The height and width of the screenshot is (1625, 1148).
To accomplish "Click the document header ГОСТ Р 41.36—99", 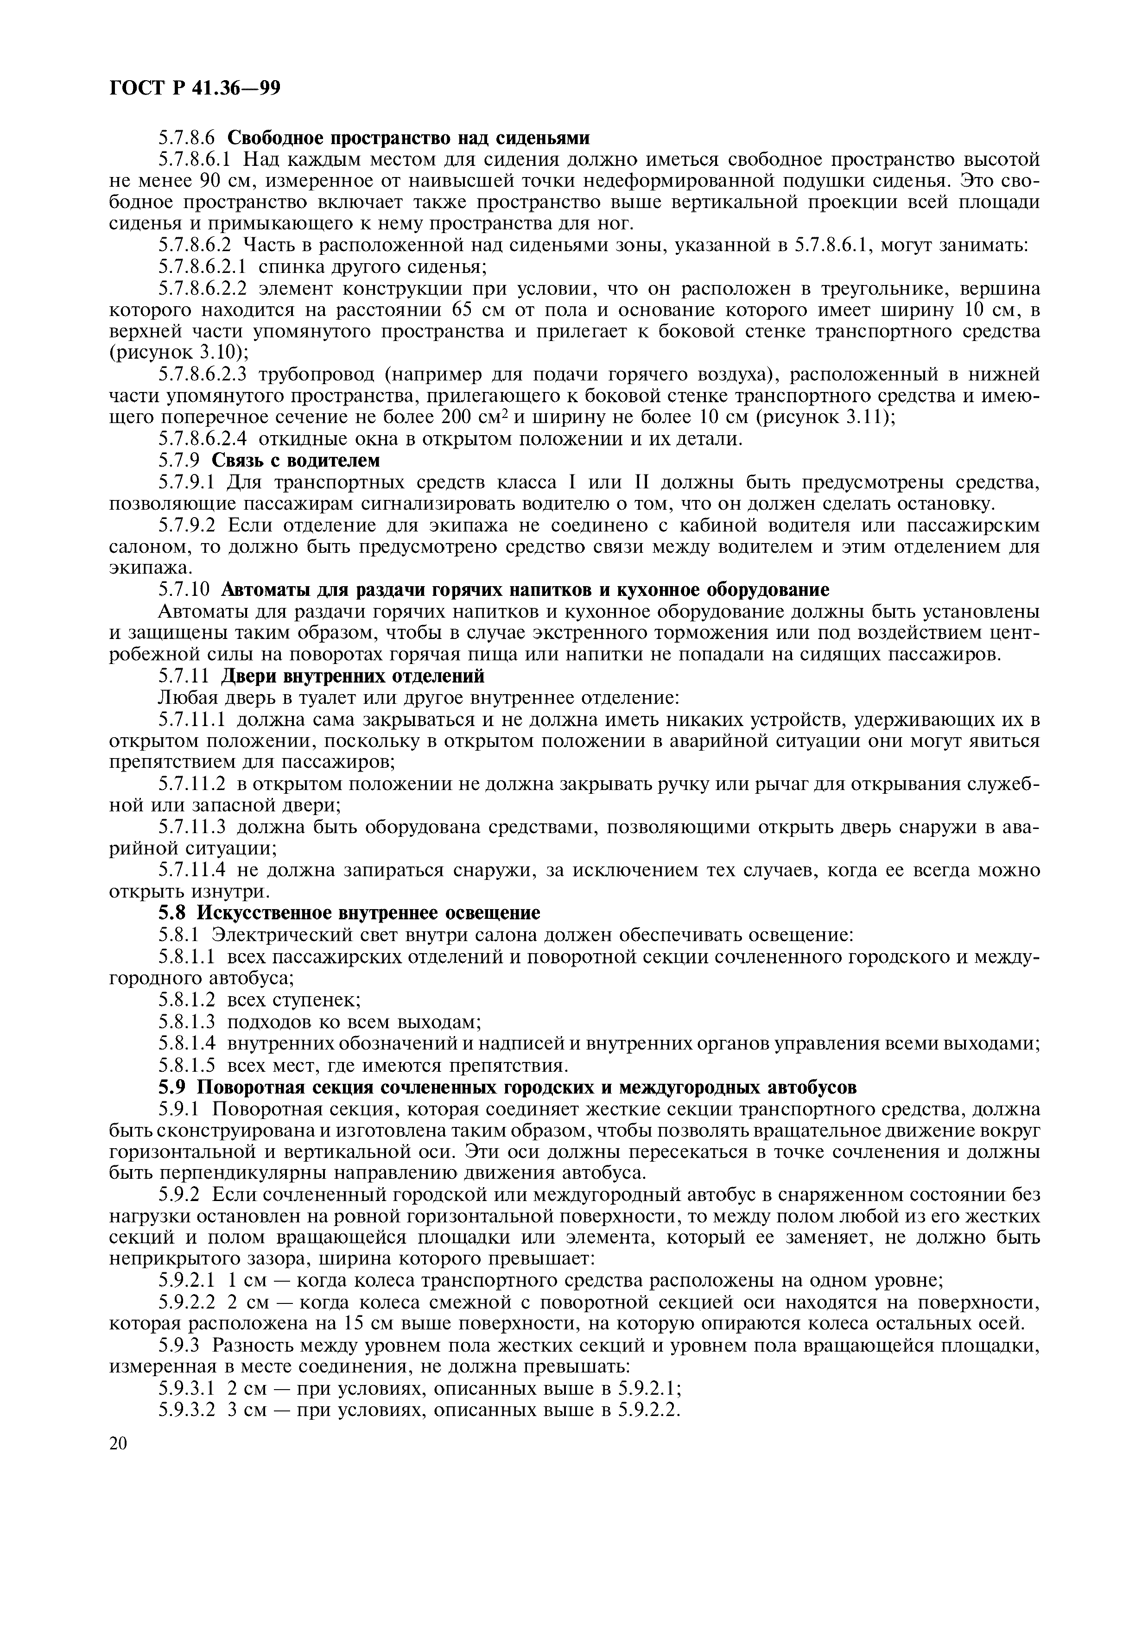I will (x=195, y=89).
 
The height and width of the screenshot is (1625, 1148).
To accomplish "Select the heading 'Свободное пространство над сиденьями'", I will (x=407, y=137).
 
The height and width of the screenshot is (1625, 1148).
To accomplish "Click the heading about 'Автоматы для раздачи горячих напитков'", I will (x=525, y=590).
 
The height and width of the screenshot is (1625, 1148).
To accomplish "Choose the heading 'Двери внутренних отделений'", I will (x=353, y=677).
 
